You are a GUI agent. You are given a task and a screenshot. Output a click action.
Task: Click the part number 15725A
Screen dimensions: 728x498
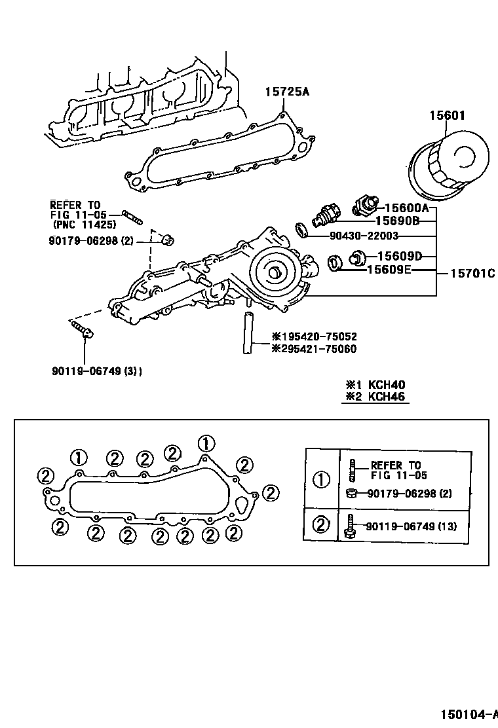(286, 92)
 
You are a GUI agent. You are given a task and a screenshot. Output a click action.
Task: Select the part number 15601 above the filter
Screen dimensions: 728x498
(447, 116)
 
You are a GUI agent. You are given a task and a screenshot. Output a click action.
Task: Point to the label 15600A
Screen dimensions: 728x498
(406, 208)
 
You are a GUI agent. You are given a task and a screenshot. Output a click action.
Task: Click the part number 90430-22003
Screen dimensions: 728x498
(354, 236)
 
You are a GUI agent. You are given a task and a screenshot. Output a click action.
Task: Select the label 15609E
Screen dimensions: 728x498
(388, 269)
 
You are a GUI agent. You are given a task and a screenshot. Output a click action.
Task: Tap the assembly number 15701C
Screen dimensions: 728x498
(472, 274)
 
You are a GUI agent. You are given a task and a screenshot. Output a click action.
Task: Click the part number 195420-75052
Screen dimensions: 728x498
(315, 337)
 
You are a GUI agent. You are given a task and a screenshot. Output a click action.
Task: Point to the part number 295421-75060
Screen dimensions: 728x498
(315, 349)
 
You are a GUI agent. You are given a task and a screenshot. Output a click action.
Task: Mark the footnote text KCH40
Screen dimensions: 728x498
(387, 385)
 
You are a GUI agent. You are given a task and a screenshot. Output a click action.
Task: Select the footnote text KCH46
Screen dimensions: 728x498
(387, 397)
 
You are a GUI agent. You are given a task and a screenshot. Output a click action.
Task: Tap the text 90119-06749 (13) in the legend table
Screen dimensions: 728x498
(411, 526)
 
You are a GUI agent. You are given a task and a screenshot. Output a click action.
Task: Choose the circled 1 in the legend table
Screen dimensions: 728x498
(322, 480)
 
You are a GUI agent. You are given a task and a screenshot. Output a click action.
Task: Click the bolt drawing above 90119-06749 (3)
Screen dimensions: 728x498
(81, 327)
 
